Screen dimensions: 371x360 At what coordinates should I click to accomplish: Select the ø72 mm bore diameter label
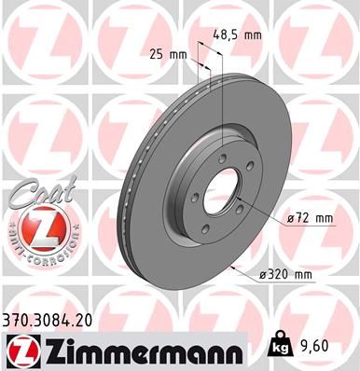[310, 218]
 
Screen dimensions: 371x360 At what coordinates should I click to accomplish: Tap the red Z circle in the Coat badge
[35, 228]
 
